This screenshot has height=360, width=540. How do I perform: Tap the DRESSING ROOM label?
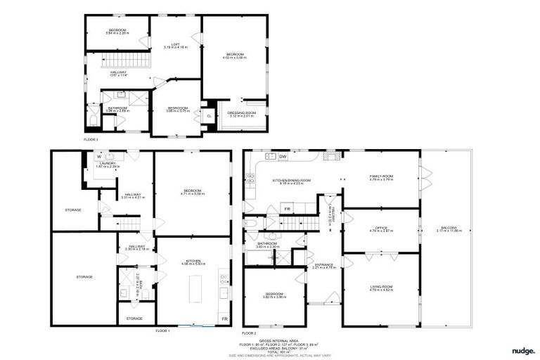point(241,114)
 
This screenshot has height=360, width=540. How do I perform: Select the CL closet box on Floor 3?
point(209,116)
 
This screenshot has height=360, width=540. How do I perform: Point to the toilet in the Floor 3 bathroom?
point(92,120)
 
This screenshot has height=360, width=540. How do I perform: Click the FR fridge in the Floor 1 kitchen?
point(224,319)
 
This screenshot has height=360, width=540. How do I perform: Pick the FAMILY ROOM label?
point(381,177)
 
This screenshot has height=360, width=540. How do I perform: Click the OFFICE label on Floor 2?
point(380,229)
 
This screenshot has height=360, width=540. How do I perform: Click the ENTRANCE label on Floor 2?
point(324,265)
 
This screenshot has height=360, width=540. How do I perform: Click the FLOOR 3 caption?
point(91,139)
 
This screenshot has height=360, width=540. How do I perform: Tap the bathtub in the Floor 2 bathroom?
point(264,257)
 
